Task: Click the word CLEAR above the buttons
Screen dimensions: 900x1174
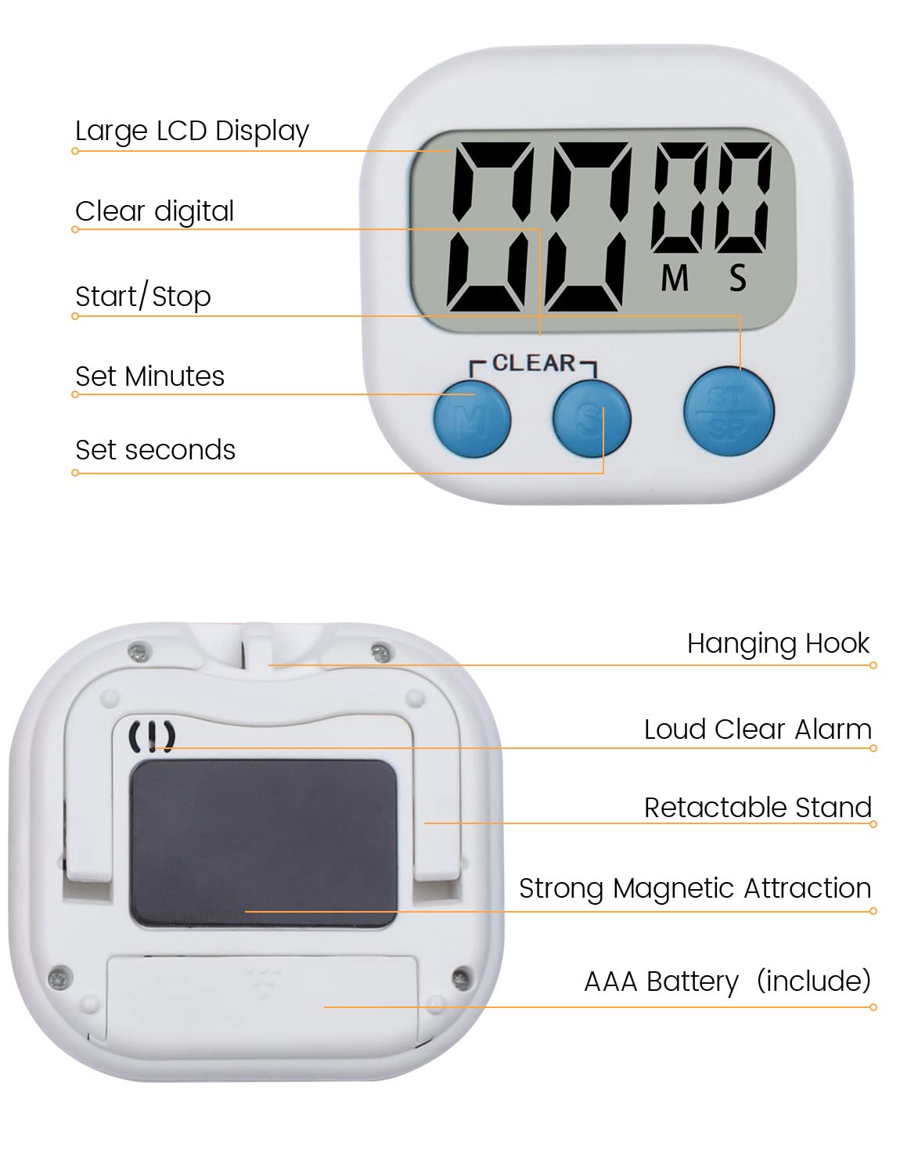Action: click(x=534, y=363)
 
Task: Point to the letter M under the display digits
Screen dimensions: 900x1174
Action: click(x=675, y=278)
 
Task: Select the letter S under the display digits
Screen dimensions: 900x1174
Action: click(x=737, y=278)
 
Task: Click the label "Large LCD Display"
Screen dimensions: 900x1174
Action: click(x=192, y=131)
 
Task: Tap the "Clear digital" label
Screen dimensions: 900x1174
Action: click(x=154, y=211)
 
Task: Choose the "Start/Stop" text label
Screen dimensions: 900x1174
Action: click(x=143, y=297)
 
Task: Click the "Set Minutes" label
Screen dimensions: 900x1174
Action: click(x=149, y=376)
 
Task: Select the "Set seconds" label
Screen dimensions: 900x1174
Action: click(x=155, y=450)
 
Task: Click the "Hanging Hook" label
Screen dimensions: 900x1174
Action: click(x=778, y=643)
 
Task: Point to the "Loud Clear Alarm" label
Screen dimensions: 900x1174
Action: click(x=758, y=729)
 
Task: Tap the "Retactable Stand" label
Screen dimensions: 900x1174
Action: click(x=758, y=808)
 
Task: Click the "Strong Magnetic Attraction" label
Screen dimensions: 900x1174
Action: click(x=695, y=888)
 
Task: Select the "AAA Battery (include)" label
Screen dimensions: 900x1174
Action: click(x=727, y=981)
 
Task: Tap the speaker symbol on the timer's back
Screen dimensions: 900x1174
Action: click(x=152, y=736)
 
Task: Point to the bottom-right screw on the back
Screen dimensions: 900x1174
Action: click(x=462, y=977)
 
